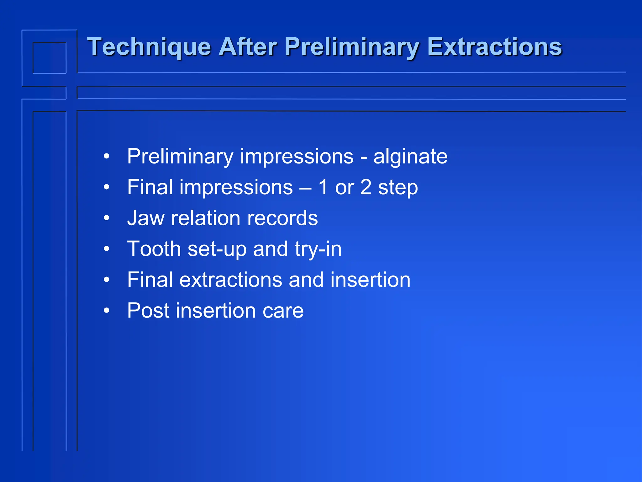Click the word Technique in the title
149,47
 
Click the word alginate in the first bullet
410,157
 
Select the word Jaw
145,218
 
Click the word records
282,218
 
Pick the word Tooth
154,249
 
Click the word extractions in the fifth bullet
230,280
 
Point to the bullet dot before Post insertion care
107,310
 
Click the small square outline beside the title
50,58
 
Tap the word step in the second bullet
398,188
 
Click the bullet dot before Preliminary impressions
107,156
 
